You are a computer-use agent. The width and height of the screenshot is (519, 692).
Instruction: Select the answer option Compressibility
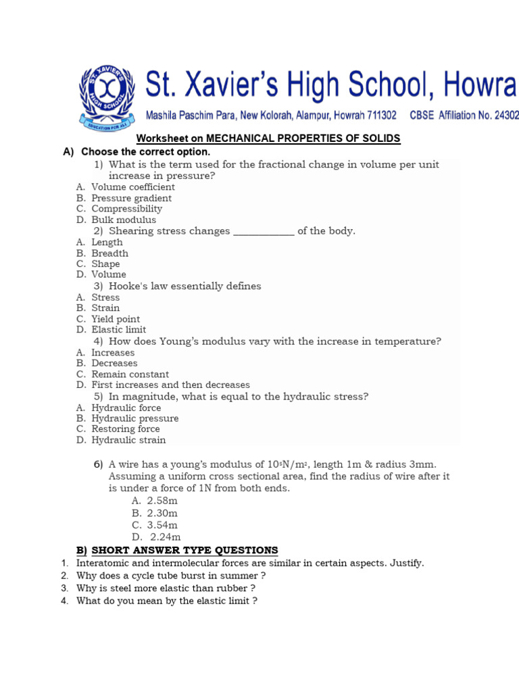coord(127,209)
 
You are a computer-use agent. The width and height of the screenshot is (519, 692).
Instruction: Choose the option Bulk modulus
coord(124,220)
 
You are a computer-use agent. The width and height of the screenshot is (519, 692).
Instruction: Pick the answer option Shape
coord(105,264)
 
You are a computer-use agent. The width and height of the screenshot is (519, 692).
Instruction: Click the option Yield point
coord(116,319)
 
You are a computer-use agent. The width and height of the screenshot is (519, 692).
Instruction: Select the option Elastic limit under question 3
coord(119,330)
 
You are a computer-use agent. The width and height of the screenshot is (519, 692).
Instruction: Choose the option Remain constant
coord(130,374)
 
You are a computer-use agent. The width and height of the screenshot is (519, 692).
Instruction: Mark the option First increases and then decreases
coord(170,385)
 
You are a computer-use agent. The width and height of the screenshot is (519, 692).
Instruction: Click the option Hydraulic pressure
coord(135,418)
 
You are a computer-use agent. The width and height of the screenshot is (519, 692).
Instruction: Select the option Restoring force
coord(126,429)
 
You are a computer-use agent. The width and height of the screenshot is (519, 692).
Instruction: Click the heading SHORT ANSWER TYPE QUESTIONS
coord(184,550)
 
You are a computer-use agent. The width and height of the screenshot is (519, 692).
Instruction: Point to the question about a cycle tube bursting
coord(171,576)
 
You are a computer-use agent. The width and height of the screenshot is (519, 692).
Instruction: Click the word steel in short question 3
coord(118,588)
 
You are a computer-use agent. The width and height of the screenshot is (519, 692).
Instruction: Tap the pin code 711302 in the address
coord(380,116)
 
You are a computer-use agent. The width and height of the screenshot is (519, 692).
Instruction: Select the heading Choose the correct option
coord(146,152)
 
